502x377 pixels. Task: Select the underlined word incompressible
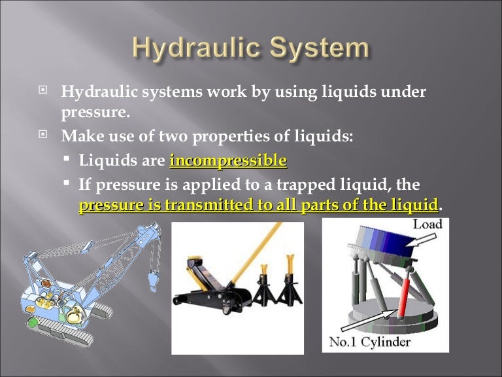click(227, 160)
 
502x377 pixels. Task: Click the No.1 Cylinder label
click(370, 342)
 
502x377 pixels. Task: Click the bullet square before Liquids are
click(67, 160)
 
